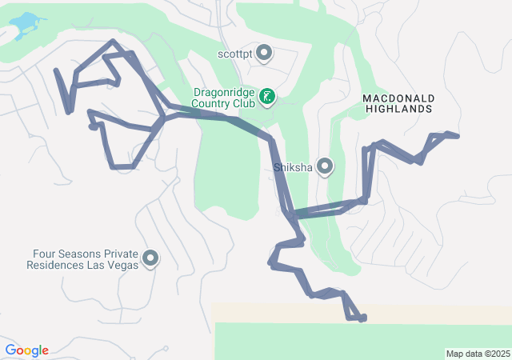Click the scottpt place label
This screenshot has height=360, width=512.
point(234,54)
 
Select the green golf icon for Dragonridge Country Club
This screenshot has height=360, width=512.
point(266,98)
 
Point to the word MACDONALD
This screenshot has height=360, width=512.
point(398,97)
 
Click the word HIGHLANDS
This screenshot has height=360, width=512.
point(398,108)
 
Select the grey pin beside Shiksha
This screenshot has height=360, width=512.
point(325,166)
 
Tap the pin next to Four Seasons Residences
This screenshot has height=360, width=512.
point(150,258)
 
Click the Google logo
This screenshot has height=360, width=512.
point(26,350)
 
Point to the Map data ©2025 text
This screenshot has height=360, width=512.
point(477,354)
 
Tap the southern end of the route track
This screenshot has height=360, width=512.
point(362,318)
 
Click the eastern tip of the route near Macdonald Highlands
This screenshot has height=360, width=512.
point(457,136)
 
